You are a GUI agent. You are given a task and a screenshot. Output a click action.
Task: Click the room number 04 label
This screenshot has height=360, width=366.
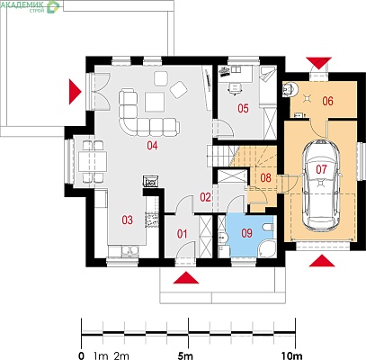pos(152,146)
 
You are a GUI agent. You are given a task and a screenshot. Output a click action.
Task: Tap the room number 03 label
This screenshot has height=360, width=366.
pos(127,220)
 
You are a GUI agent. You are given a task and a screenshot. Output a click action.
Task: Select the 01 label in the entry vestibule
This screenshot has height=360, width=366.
pos(182,234)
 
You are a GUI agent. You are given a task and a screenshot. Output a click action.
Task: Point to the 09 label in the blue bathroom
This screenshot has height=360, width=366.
pos(246,233)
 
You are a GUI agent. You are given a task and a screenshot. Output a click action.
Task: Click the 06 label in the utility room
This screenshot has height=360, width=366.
pos(327,101)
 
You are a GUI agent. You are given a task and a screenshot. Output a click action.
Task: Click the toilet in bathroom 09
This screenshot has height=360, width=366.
pos(268,227)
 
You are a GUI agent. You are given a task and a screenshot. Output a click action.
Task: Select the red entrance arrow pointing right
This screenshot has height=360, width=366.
pos(76,92)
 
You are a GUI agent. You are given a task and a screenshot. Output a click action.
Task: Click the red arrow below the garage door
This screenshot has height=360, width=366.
pos(322,260)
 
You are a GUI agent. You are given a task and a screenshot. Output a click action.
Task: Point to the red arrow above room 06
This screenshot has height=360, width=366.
pos(319,63)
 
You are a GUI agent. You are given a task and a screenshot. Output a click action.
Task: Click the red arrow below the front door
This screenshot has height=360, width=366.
pos(186,277)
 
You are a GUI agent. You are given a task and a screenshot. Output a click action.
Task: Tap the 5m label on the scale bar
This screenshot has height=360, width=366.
pos(185,356)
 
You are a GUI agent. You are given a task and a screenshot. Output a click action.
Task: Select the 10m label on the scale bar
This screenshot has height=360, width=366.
pos(291,356)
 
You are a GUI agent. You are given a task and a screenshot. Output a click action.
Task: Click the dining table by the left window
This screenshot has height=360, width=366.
pos(93,161)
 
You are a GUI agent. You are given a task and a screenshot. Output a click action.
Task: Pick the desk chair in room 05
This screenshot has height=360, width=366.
pos(236,88)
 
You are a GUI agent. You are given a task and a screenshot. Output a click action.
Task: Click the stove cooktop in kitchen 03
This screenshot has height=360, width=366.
pos(151,220)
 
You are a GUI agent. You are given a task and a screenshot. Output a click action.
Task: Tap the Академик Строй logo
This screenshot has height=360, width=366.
pos(31,5)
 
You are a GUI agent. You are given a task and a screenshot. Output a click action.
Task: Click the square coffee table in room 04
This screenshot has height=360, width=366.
pos(155,102)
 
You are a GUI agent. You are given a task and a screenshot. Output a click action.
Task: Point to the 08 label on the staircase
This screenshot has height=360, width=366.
pos(265,177)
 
